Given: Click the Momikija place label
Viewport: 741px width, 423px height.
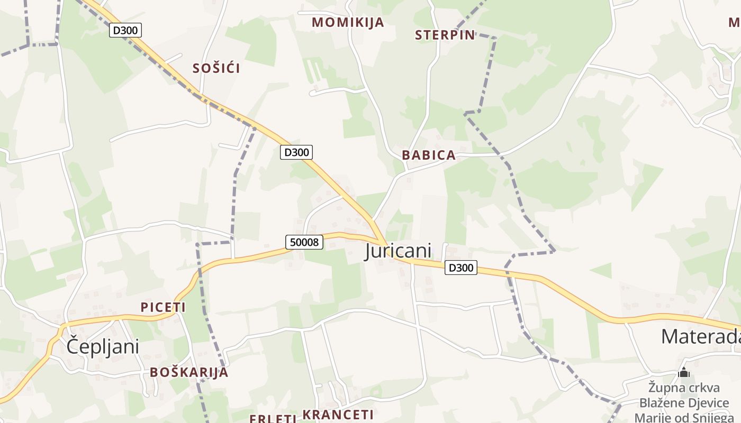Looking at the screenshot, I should [x=348, y=22].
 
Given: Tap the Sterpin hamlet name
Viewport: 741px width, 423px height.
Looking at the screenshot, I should [x=445, y=35].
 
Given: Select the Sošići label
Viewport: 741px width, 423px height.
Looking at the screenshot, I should [x=216, y=68].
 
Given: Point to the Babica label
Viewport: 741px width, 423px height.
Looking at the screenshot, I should [x=429, y=155].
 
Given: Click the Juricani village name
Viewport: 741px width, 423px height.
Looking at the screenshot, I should [x=398, y=251].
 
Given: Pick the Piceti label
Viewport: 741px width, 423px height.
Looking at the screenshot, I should [x=163, y=307].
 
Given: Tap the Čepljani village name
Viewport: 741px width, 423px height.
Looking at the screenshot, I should [x=103, y=347].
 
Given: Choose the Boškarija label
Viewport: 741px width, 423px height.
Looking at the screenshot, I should [x=189, y=372].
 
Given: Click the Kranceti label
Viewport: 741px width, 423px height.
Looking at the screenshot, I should [x=338, y=415].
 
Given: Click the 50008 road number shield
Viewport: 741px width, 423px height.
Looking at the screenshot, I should [x=304, y=242].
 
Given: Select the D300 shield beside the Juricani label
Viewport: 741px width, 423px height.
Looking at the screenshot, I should [x=460, y=268].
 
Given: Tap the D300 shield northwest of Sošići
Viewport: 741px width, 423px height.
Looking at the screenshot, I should [x=125, y=30].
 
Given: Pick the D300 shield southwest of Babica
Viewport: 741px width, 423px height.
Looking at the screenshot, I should [x=296, y=152].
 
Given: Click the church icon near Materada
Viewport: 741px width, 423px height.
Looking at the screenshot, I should [x=684, y=373].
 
